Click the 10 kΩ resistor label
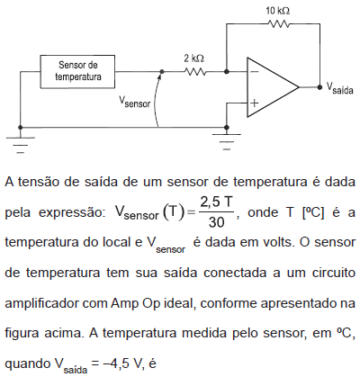click(278, 11)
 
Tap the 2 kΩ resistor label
click(194, 58)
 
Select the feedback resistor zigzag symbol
click(279, 23)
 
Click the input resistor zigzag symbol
click(195, 72)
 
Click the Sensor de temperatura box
click(77, 71)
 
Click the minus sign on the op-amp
click(255, 71)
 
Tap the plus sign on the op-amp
click(255, 103)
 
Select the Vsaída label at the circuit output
click(339, 88)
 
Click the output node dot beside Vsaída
click(319, 87)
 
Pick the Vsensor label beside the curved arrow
click(134, 102)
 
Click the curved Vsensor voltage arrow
click(156, 99)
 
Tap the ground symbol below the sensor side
click(20, 145)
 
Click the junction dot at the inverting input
click(227, 72)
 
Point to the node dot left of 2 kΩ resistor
click(162, 72)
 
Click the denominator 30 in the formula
click(216, 222)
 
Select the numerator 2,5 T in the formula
click(216, 202)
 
